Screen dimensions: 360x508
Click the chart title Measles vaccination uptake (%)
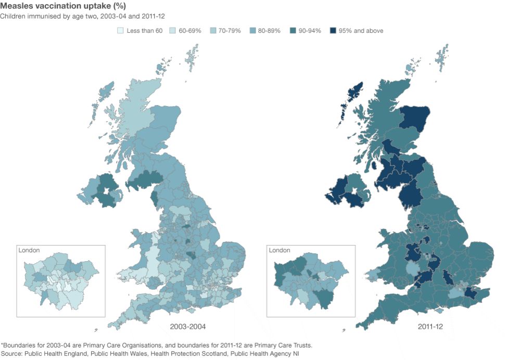coord(63,6)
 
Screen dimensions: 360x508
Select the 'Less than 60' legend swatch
coord(120,31)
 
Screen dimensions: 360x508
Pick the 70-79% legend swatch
coord(212,31)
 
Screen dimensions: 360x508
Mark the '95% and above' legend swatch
coord(333,31)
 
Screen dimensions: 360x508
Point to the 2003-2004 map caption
coord(187,327)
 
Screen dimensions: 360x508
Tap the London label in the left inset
coord(29,250)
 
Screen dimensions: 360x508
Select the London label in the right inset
coord(280,250)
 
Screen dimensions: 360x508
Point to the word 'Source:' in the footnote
coord(14,353)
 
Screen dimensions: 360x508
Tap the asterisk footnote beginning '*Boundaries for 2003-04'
coord(156,345)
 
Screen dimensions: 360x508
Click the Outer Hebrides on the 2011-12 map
coord(348,101)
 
